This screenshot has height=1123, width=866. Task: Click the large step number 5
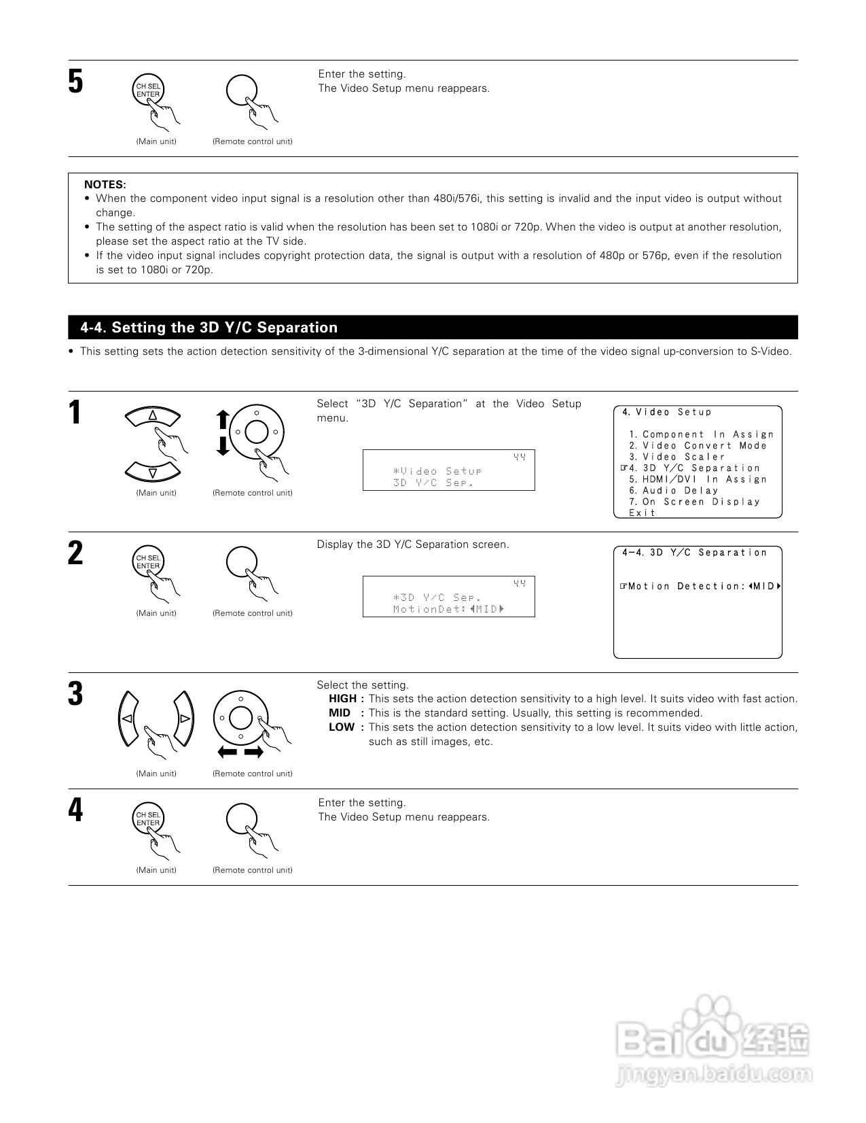click(x=75, y=82)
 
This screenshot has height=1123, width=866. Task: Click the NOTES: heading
click(x=105, y=184)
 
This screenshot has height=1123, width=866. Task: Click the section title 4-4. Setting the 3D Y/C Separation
click(x=209, y=328)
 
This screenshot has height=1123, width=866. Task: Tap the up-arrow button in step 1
click(x=153, y=415)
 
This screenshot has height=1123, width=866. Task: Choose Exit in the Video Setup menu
click(x=643, y=513)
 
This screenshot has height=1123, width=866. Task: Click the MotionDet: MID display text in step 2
click(x=448, y=609)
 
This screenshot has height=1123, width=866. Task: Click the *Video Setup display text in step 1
click(x=437, y=471)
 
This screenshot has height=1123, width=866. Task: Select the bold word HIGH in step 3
click(x=343, y=699)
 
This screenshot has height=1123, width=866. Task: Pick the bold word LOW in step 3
click(x=342, y=727)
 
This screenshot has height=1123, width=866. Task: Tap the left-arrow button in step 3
click(x=126, y=719)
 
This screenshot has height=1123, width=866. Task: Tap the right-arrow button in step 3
click(x=184, y=719)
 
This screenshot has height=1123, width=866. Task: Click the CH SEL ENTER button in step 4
click(x=148, y=818)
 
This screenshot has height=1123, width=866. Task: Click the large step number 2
click(x=75, y=553)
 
